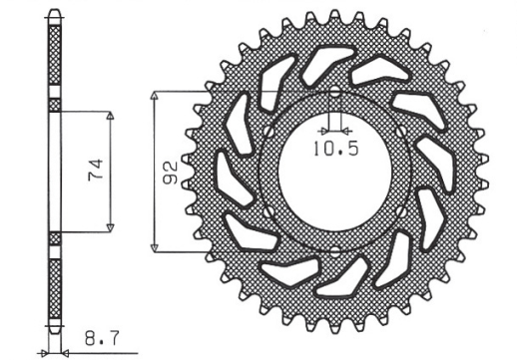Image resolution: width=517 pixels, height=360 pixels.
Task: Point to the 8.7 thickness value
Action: click(97, 342)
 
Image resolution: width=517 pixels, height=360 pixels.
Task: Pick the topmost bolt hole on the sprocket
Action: click(334, 95)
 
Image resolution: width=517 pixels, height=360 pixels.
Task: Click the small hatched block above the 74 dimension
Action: click(54, 104)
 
